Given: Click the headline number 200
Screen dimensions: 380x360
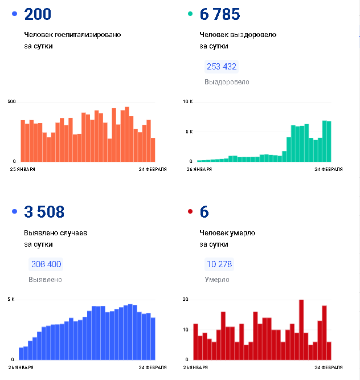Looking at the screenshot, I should [38, 14].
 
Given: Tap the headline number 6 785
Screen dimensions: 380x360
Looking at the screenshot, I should [219, 14].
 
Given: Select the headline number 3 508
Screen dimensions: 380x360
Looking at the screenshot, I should [44, 213].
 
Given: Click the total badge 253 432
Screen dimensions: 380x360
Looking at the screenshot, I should [222, 67].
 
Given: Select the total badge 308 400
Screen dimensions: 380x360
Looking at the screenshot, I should [46, 264].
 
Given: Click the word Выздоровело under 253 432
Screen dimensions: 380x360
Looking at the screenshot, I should [227, 82].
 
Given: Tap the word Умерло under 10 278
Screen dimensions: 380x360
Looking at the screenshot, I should [217, 280].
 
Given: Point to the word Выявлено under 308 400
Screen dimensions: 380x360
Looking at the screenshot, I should [45, 280].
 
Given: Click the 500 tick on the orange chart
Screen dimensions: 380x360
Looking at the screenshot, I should [11, 101].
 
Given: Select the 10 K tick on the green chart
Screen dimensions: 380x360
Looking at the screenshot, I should [188, 101].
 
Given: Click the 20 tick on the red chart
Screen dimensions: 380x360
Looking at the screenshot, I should [185, 299].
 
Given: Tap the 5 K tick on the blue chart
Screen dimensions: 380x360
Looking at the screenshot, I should [11, 299].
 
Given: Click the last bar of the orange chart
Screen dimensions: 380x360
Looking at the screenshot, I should [153, 150].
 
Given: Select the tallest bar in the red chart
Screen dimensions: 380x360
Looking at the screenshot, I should [301, 329].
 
